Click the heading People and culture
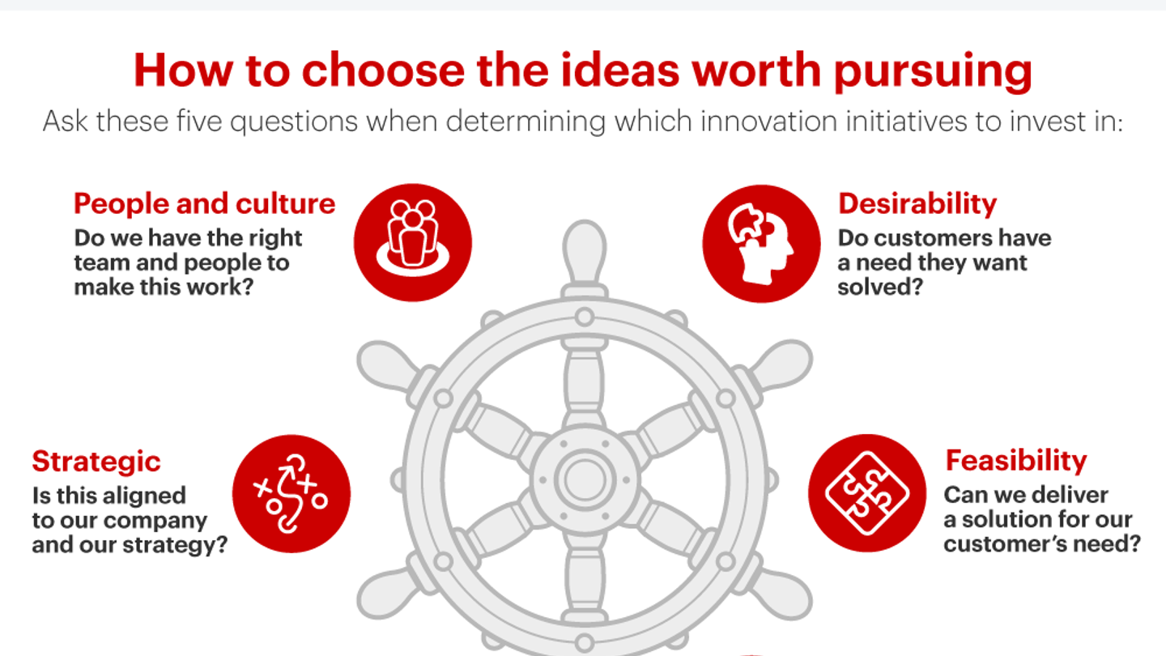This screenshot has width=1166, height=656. coord(204,204)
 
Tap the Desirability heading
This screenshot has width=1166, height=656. coord(917,204)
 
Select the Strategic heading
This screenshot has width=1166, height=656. coord(96,462)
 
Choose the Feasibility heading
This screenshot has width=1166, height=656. coord(1016,461)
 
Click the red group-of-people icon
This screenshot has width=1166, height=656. coord(413,243)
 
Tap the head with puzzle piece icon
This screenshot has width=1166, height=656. coord(761,243)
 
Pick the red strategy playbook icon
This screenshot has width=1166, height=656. coord(291,495)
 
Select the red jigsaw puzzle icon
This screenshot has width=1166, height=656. coord(867,492)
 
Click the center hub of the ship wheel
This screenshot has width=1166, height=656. coord(585,479)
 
